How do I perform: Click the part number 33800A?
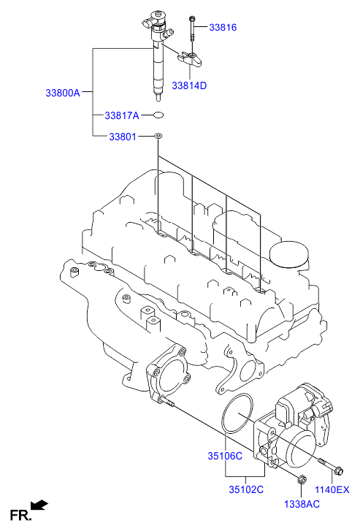tap(64, 93)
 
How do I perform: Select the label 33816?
tap(223, 27)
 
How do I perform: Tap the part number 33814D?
tap(189, 85)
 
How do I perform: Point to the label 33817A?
tap(121, 115)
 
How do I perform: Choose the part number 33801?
tap(123, 136)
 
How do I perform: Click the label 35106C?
tap(225, 456)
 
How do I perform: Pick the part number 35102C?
tap(245, 489)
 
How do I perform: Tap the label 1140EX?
tap(332, 489)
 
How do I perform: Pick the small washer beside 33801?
tap(158, 136)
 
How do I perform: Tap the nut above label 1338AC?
tap(302, 480)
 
